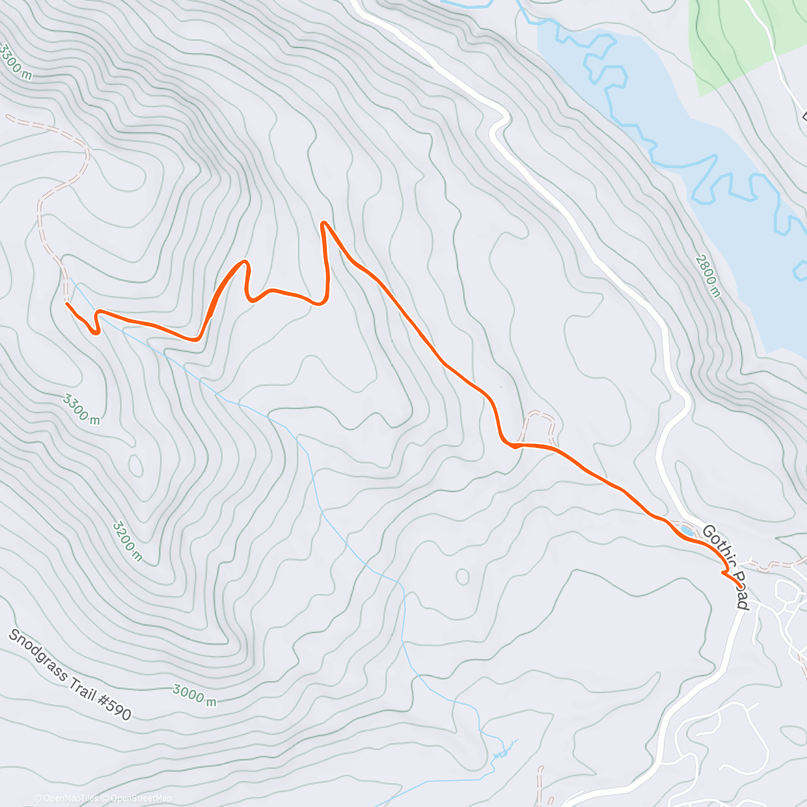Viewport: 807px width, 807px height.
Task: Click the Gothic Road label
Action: [725, 567]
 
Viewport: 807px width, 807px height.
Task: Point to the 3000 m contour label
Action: [194, 694]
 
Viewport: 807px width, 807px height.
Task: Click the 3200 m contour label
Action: [127, 540]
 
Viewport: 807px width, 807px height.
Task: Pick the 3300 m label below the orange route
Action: [81, 409]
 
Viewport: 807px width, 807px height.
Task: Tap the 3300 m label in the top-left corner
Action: [15, 62]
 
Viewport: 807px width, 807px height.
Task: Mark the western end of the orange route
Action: [67, 303]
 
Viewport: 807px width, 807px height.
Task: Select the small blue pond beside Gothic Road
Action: [687, 531]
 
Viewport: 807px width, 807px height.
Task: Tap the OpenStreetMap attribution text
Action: [141, 798]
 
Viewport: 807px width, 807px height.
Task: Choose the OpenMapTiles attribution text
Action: [71, 798]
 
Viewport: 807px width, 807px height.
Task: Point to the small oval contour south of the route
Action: [462, 577]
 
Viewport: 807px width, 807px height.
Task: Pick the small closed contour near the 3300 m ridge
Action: [135, 465]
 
